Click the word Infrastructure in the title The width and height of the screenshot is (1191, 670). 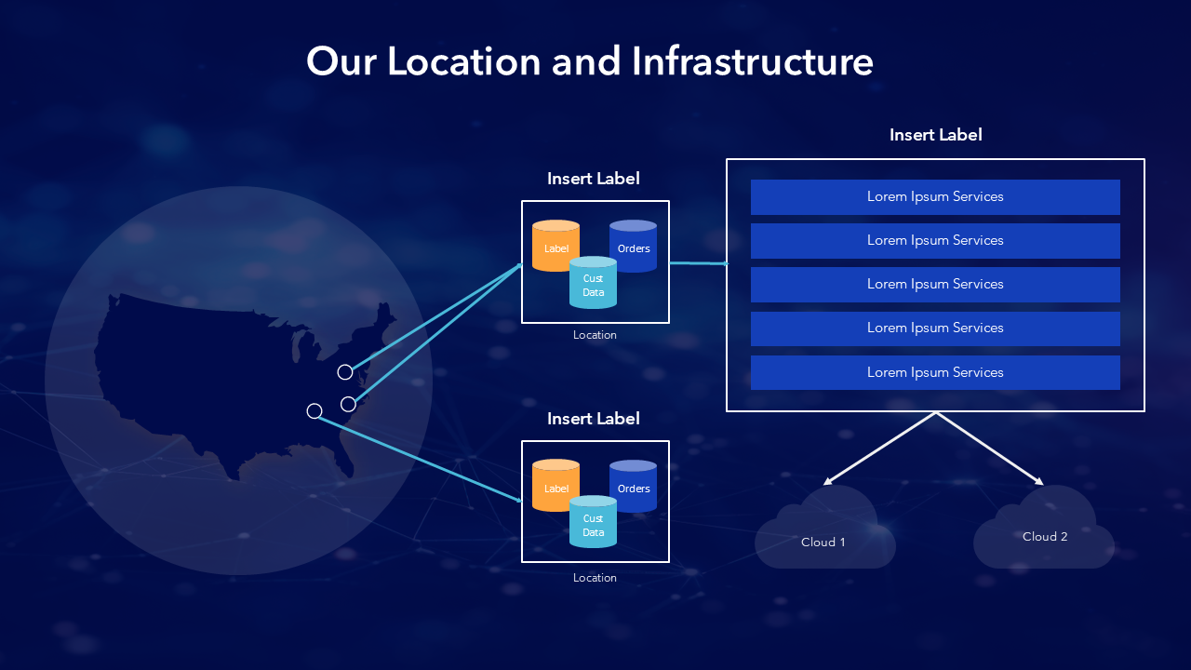click(x=752, y=62)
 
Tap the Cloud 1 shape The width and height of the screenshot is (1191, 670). click(x=824, y=534)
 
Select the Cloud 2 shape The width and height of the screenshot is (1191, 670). click(x=1044, y=530)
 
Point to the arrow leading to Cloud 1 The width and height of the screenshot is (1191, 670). click(x=879, y=449)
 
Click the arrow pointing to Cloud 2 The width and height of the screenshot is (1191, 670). click(x=990, y=449)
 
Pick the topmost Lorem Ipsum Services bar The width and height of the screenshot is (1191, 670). click(x=935, y=197)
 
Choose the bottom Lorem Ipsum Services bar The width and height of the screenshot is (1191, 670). click(x=935, y=372)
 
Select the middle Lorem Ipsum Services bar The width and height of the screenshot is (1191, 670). click(x=935, y=285)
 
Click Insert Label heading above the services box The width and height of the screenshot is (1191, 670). click(x=935, y=135)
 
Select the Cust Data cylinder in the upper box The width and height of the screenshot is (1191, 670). click(x=593, y=284)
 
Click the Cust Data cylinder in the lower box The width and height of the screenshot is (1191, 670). click(x=593, y=524)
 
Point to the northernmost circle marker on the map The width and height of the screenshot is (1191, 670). click(x=345, y=372)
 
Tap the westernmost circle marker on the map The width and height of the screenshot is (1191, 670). click(x=314, y=411)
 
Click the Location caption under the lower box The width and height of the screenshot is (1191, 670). click(x=595, y=578)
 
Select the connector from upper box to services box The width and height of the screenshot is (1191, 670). click(x=698, y=263)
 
